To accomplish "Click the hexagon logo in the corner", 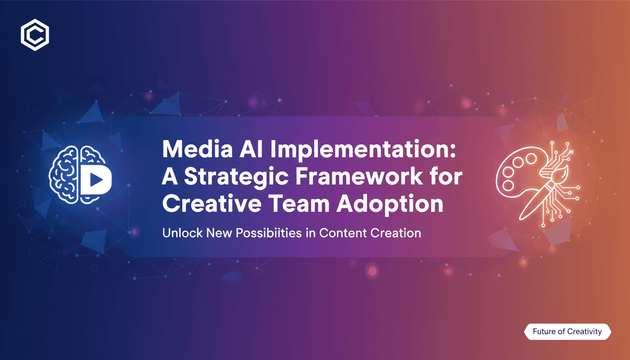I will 35,35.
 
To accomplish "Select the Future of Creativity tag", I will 567,331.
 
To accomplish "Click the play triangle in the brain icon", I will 94,179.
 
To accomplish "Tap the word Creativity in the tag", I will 584,331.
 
